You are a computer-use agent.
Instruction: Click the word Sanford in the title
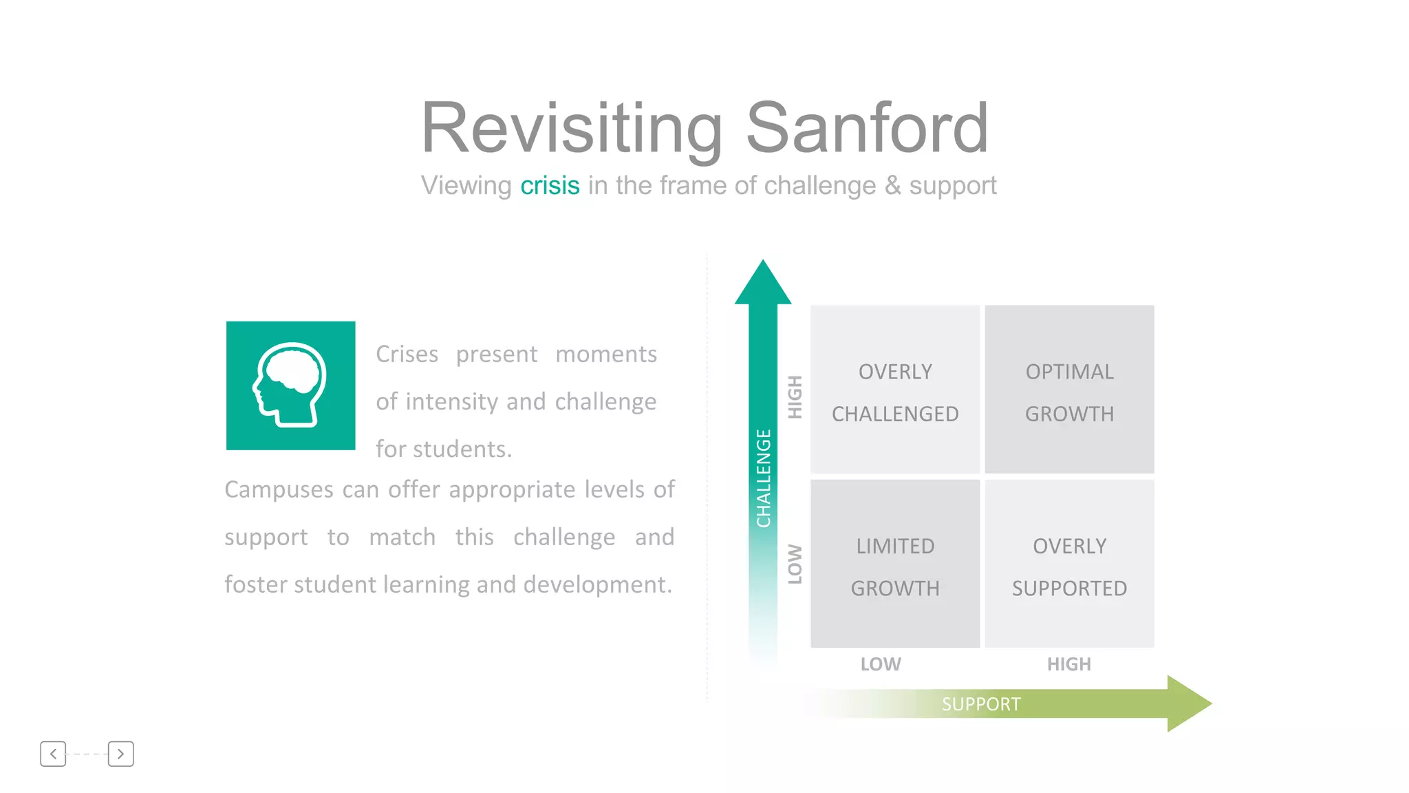pyautogui.click(x=867, y=128)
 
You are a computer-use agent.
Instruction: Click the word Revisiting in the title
pyautogui.click(x=571, y=128)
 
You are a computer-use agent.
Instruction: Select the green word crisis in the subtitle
pyautogui.click(x=550, y=186)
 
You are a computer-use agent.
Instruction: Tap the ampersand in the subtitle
pyautogui.click(x=892, y=186)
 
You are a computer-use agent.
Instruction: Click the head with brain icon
pyautogui.click(x=290, y=385)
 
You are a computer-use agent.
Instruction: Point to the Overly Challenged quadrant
pyautogui.click(x=894, y=390)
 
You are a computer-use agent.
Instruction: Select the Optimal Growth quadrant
pyautogui.click(x=1069, y=390)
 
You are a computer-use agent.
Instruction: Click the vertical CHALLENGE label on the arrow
pyautogui.click(x=764, y=478)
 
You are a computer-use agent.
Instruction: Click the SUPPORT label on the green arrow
pyautogui.click(x=981, y=704)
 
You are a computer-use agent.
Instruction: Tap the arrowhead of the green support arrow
pyautogui.click(x=1189, y=704)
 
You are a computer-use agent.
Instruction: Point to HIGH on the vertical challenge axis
pyautogui.click(x=795, y=397)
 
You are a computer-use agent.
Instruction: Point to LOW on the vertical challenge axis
pyautogui.click(x=795, y=564)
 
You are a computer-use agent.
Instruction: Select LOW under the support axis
pyautogui.click(x=881, y=664)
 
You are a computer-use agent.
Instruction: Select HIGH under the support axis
pyautogui.click(x=1069, y=664)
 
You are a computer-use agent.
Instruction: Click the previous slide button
pyautogui.click(x=53, y=754)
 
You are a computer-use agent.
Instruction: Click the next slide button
pyautogui.click(x=120, y=754)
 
